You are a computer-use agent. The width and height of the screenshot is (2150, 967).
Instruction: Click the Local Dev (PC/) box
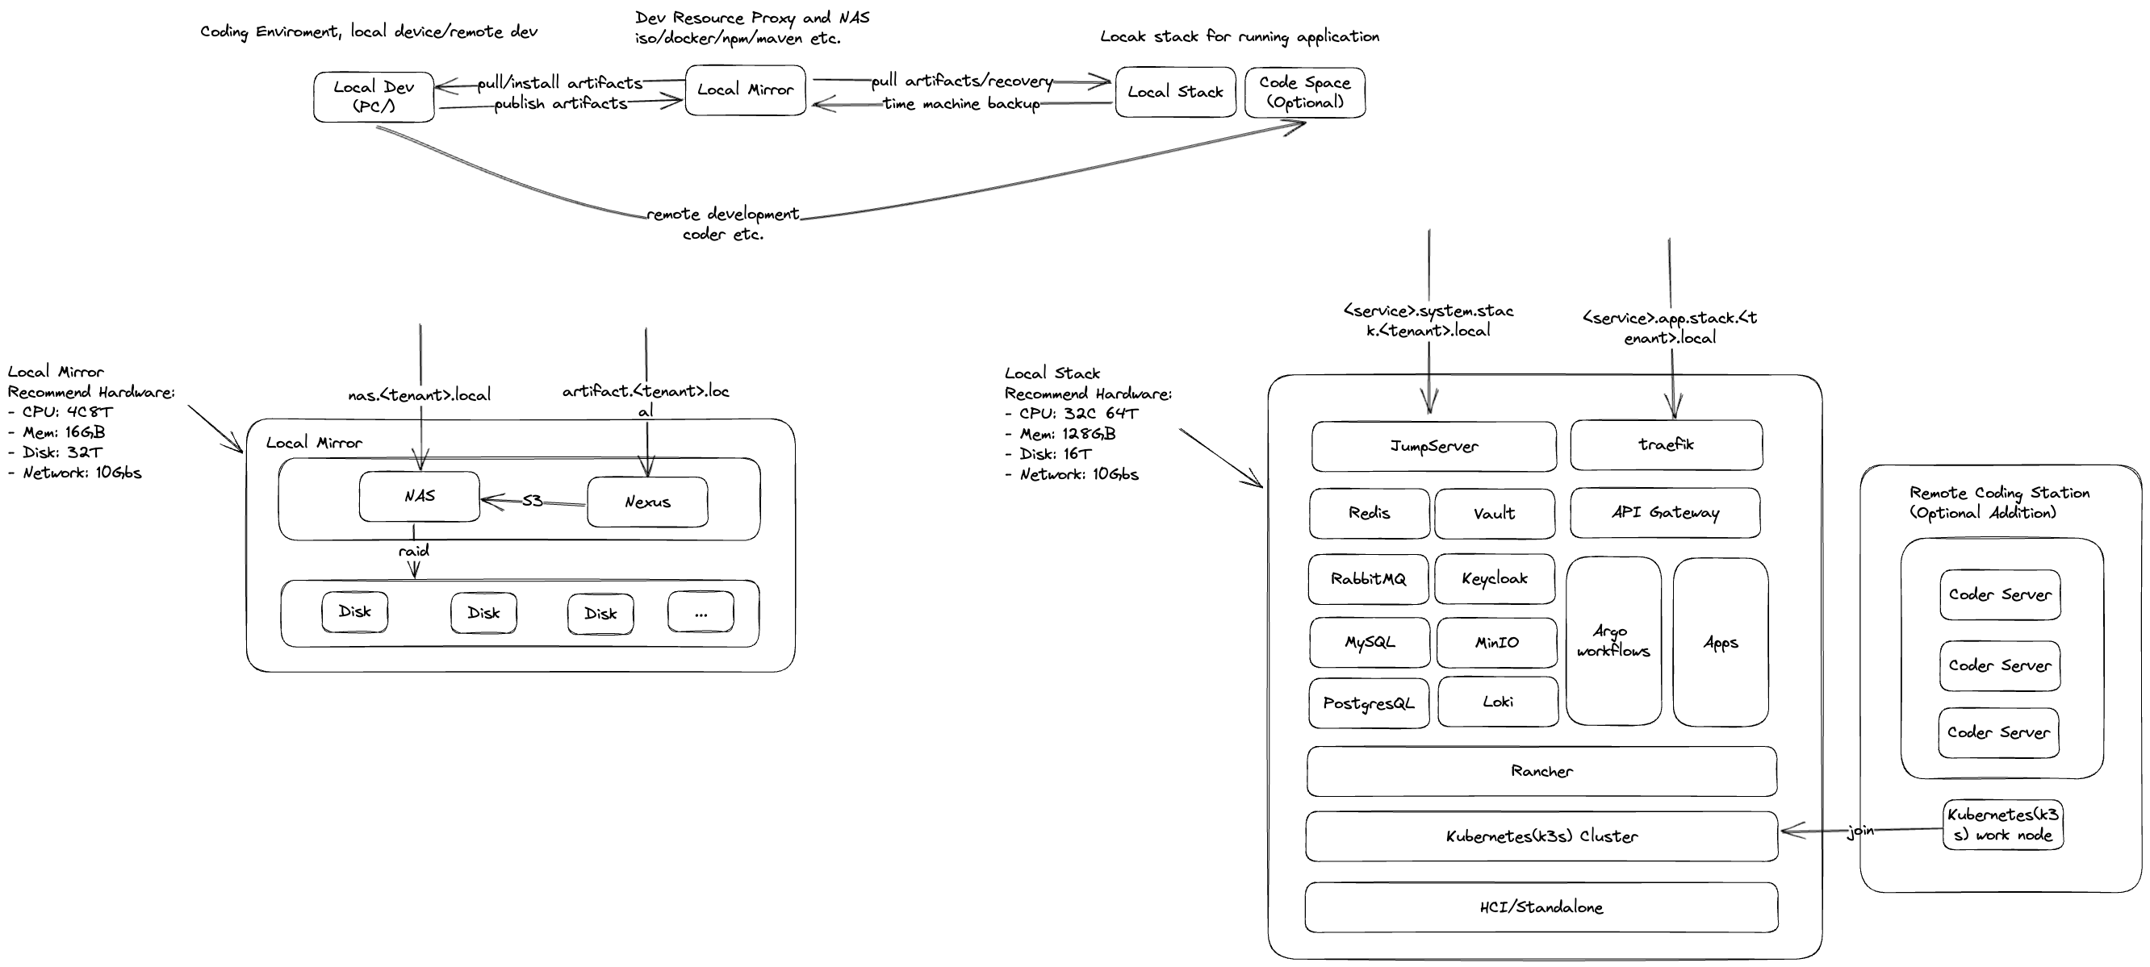374,97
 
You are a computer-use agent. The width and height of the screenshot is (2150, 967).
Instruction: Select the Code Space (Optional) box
1304,93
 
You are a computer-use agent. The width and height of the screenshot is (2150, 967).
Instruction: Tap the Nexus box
648,502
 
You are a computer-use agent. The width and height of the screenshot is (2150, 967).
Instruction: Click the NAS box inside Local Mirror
419,497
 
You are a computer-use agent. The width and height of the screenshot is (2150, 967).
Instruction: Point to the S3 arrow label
533,501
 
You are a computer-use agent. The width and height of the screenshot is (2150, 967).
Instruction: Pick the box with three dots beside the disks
701,613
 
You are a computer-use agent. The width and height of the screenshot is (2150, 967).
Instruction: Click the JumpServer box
1434,446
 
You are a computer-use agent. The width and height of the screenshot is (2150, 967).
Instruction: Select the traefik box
1667,444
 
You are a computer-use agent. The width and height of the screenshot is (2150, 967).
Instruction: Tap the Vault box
1494,514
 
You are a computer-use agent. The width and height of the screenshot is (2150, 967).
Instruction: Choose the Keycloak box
1494,578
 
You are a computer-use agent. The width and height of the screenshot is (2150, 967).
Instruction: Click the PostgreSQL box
1369,703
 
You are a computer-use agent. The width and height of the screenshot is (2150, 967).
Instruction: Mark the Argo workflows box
1613,642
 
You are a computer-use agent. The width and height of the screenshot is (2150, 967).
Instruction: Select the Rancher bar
1541,771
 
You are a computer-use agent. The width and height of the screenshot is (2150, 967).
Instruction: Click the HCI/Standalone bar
1541,908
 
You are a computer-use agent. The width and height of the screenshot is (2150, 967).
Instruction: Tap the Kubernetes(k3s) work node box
2003,824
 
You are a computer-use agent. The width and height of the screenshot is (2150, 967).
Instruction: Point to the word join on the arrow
1860,831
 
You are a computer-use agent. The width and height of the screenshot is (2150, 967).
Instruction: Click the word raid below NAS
414,551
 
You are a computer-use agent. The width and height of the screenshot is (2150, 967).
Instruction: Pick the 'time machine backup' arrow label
961,104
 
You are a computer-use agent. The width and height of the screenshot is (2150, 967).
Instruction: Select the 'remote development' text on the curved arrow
723,215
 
